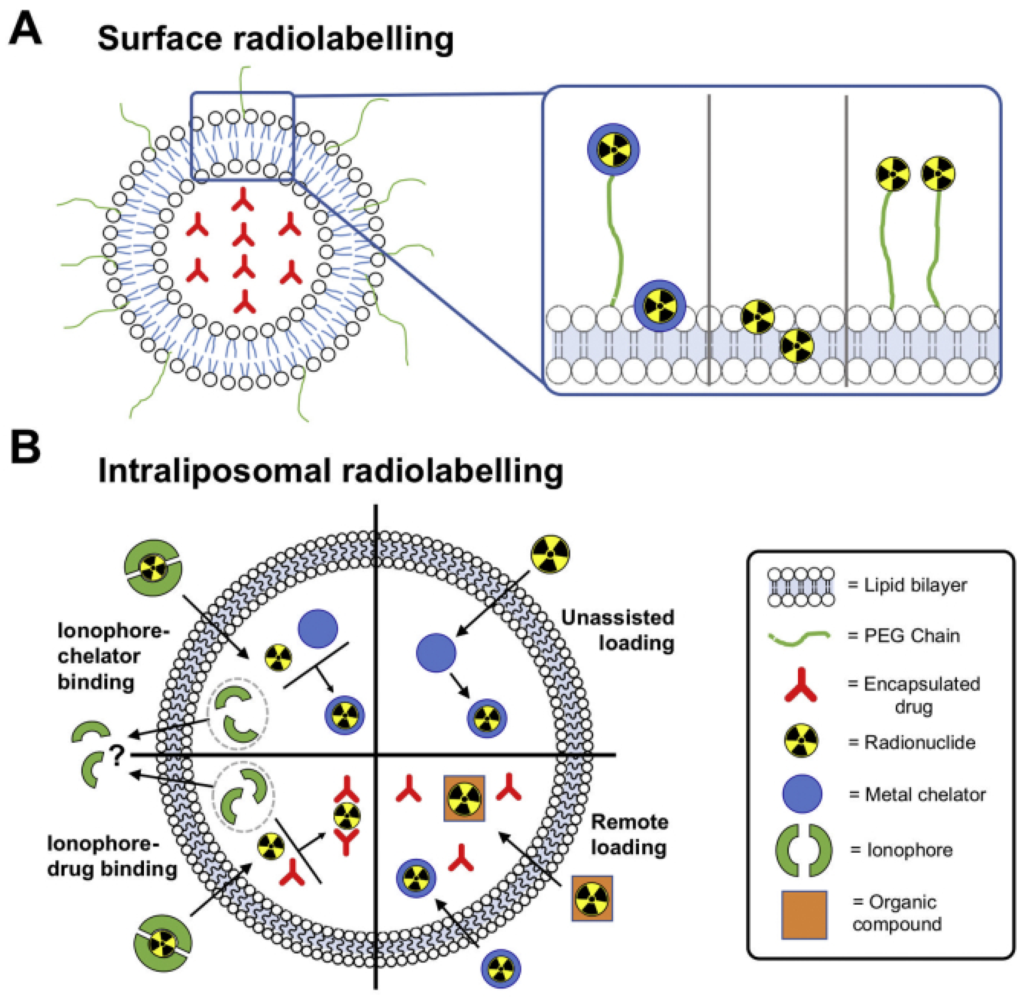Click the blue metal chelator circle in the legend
tap(802, 794)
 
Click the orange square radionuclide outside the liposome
tap(592, 898)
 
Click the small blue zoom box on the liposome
tap(242, 136)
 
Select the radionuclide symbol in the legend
tap(801, 741)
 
